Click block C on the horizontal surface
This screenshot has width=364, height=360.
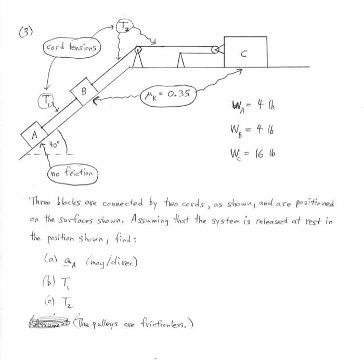[245, 52]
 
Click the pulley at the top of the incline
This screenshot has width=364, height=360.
[138, 50]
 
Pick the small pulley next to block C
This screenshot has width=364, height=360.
[215, 50]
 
